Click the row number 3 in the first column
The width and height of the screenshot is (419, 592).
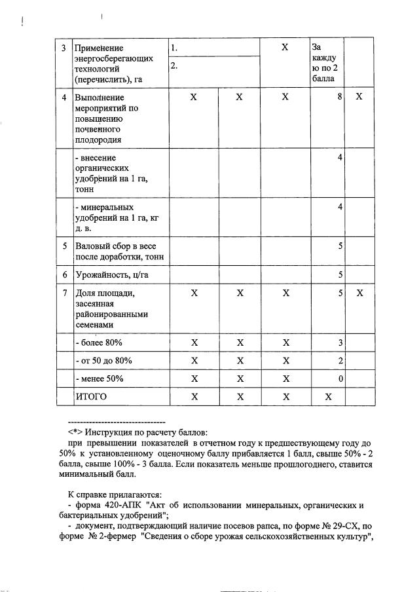64,48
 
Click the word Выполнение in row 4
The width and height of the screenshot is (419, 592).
100,97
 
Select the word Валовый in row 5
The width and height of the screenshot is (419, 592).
92,247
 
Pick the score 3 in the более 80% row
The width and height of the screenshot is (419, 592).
340,342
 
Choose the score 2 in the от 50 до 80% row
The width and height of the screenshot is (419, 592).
340,361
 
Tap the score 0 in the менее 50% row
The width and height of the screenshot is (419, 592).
340,379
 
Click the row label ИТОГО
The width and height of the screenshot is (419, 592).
91,397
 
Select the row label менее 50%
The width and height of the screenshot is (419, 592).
100,379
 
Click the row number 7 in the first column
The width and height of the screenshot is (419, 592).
64,293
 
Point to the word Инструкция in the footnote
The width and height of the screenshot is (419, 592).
109,433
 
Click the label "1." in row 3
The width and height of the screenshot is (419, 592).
174,48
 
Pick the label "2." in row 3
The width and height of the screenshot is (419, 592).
174,65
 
